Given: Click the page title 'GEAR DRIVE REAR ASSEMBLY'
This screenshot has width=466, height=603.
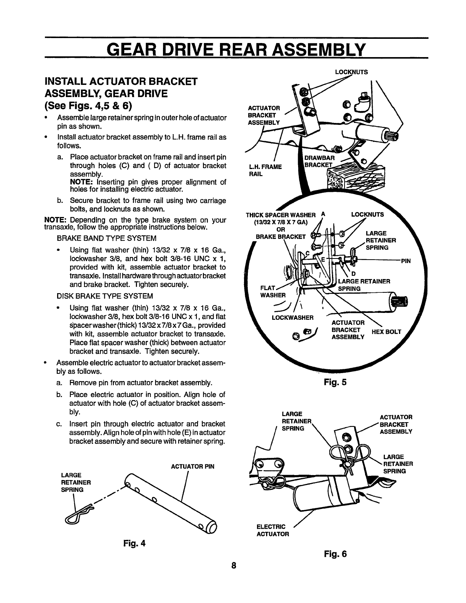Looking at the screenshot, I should pos(236,49).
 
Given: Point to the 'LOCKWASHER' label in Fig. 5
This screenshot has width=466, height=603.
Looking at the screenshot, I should pos(292,317).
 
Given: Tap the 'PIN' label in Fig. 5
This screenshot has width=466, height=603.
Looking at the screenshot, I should pos(406,261).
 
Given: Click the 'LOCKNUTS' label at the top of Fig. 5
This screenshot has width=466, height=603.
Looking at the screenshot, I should pos(351,71).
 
